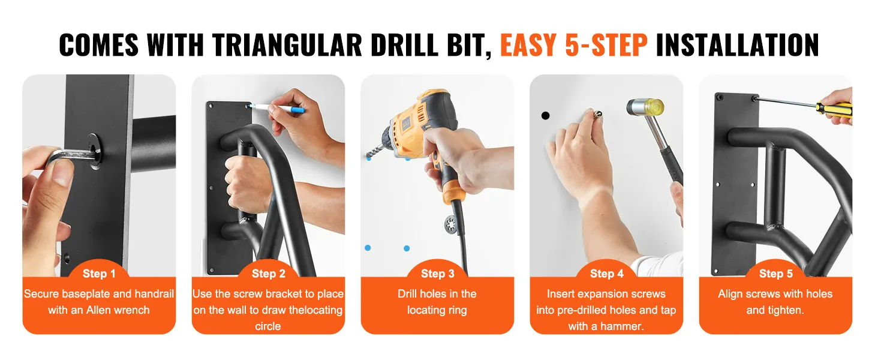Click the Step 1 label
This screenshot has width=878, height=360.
(x=99, y=274)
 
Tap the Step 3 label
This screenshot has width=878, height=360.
(x=437, y=274)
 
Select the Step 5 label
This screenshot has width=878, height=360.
(x=775, y=274)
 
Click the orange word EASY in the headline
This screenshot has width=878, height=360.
(x=528, y=45)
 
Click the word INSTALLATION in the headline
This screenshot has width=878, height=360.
(x=737, y=45)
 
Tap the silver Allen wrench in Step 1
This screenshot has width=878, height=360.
(x=71, y=156)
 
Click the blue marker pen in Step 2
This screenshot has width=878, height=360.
(x=276, y=108)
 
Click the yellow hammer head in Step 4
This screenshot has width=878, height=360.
(x=645, y=106)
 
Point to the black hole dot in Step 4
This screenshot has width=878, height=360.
(x=545, y=115)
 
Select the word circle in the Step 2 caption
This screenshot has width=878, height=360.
(x=268, y=326)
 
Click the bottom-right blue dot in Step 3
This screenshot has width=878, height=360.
(x=407, y=248)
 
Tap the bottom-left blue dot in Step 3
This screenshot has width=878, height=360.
(x=368, y=248)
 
